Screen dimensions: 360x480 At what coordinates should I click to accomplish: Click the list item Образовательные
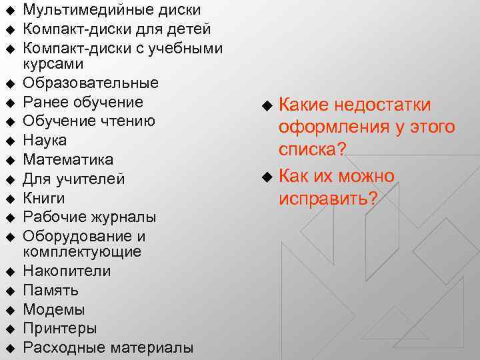[x=91, y=83]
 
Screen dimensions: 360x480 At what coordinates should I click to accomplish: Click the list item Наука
[x=45, y=141]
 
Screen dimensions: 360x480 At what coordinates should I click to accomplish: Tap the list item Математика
[x=68, y=160]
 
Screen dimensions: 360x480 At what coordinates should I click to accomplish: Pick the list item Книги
[x=44, y=198]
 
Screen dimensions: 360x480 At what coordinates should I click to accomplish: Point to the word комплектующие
[x=82, y=252]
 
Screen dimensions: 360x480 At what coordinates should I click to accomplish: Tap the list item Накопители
[x=67, y=271]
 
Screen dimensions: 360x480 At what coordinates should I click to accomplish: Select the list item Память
[x=51, y=291]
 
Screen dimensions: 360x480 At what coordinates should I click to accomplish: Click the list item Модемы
[x=54, y=309]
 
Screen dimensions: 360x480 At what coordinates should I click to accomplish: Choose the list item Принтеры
[x=60, y=329]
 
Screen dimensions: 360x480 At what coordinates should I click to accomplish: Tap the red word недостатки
[x=383, y=105]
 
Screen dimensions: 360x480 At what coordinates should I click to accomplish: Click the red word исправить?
[x=329, y=199]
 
